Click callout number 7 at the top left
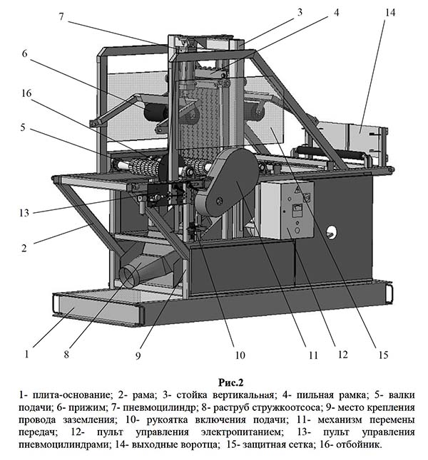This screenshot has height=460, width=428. (x=61, y=17)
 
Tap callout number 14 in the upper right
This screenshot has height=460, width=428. (x=390, y=13)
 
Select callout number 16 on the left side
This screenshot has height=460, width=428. (x=26, y=93)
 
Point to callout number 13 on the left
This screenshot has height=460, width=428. (x=24, y=213)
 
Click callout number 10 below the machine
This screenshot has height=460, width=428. (x=240, y=355)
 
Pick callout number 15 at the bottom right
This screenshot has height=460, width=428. (x=383, y=355)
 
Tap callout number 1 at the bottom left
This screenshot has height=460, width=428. (x=27, y=354)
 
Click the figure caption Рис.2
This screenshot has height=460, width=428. (x=230, y=382)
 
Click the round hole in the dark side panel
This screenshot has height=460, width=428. (x=331, y=232)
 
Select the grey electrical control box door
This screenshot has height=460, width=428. (x=297, y=210)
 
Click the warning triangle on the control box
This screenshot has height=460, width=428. (x=297, y=190)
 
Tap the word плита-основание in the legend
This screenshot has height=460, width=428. (x=72, y=395)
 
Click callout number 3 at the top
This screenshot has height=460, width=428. (x=300, y=12)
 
